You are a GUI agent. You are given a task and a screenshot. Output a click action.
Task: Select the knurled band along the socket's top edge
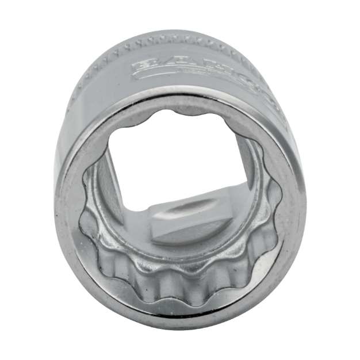click(x=173, y=41)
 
